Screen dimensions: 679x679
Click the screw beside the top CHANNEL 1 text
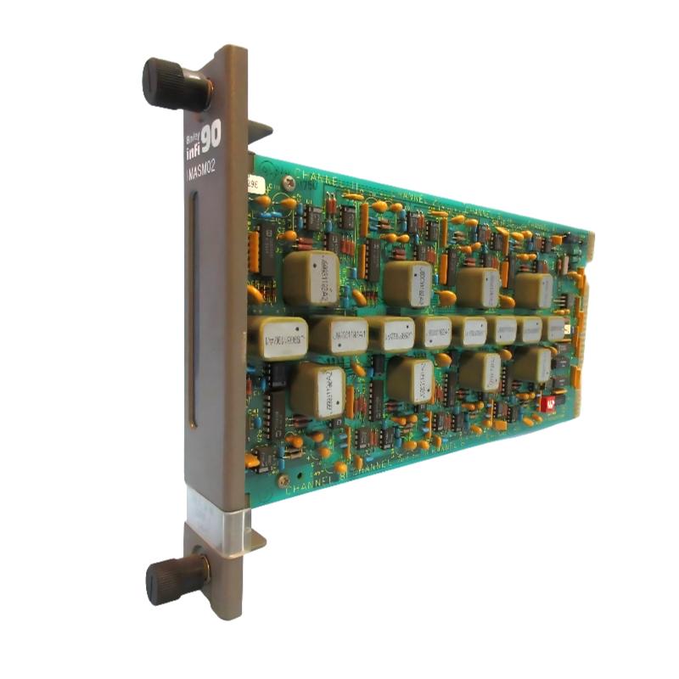coord(289,182)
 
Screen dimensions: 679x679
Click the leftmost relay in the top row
coord(311,277)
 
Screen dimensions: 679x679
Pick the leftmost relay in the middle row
coord(277,337)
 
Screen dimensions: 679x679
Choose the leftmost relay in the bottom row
coord(317,390)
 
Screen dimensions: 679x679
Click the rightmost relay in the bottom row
coord(531,365)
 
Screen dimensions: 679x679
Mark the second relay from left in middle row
coord(338,336)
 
